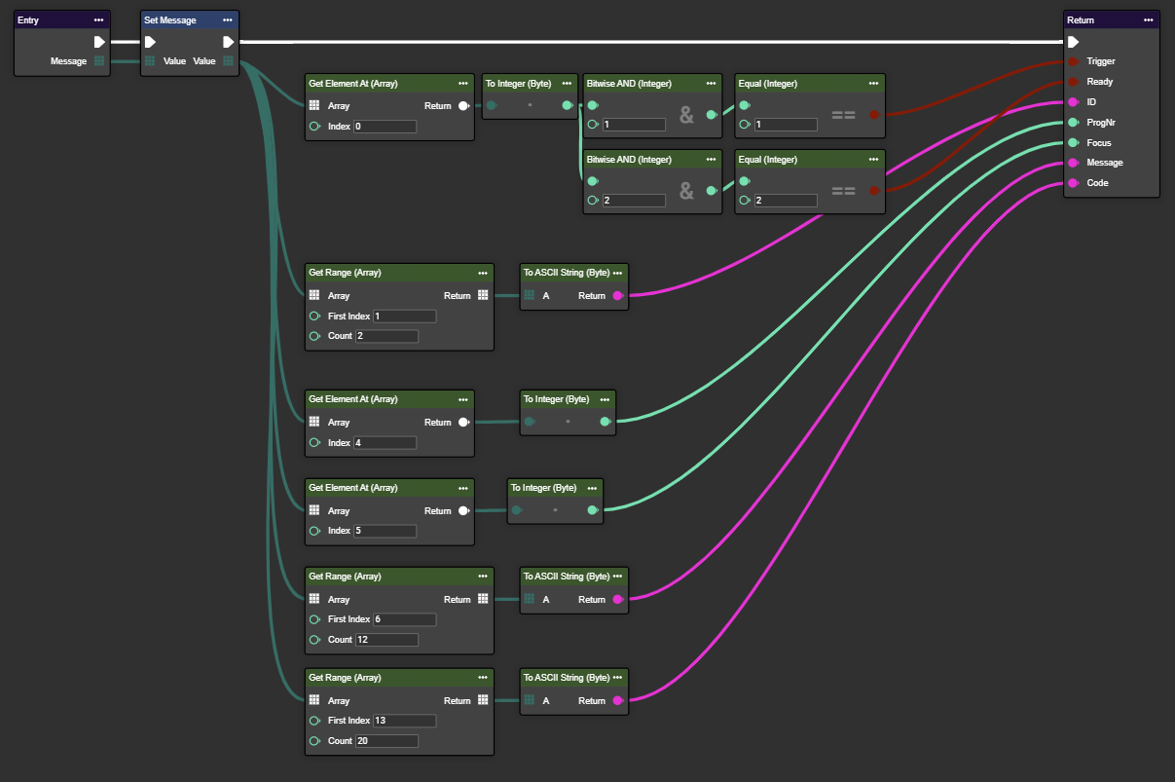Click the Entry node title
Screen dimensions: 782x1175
coord(29,19)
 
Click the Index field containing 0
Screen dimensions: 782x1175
coord(385,127)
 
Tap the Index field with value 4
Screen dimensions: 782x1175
coord(385,443)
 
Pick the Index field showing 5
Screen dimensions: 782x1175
coord(385,532)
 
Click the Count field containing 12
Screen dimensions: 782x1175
coord(386,640)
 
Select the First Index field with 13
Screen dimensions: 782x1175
coord(404,721)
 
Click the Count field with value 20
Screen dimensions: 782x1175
coord(386,741)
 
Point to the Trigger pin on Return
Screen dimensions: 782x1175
coord(1073,61)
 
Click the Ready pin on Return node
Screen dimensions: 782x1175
coord(1073,82)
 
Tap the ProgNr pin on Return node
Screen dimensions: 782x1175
coord(1073,123)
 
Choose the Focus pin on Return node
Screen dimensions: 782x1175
coord(1073,143)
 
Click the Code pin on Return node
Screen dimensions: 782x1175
coord(1073,183)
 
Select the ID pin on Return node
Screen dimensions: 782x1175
coord(1073,102)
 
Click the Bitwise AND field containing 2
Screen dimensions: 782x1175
coord(634,201)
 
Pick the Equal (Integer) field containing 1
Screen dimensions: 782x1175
coord(786,125)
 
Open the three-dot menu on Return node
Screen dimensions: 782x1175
coord(1149,19)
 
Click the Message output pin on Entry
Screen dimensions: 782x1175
coord(99,61)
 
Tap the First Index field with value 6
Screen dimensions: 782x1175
coord(404,619)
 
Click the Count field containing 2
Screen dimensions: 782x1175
coord(386,336)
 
